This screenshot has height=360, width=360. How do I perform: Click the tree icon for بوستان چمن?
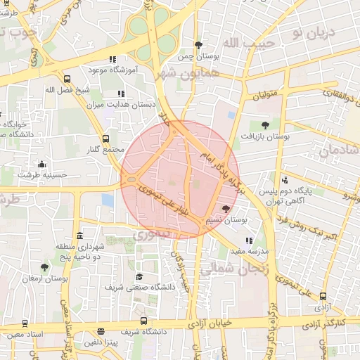tap(200, 45)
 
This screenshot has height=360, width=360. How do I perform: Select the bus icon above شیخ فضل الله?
tap(67, 79)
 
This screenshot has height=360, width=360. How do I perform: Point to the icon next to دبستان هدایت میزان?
tap(121, 94)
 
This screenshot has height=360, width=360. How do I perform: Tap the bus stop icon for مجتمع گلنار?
tap(105, 139)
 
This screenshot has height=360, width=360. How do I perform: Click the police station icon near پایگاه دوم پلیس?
tap(284, 180)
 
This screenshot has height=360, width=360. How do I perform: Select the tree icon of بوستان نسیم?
tap(226, 209)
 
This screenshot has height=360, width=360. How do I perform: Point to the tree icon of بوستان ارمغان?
tap(44, 267)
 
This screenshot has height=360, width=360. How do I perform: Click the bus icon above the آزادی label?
tap(323, 296)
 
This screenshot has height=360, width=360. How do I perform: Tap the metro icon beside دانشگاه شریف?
tap(101, 331)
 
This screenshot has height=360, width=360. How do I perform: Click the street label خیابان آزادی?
tap(216, 325)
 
